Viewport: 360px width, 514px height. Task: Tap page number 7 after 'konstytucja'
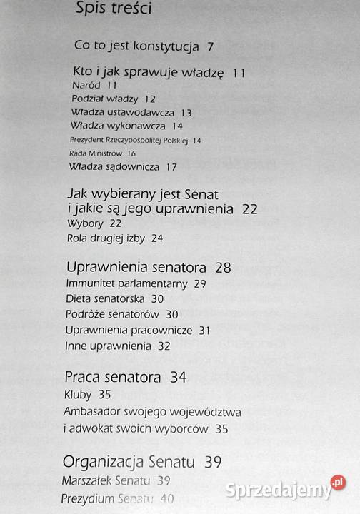(211, 47)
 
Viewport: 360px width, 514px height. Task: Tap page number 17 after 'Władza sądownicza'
(171, 167)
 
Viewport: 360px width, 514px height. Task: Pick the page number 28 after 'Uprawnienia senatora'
(223, 268)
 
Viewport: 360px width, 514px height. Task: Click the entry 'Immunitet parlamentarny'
(126, 283)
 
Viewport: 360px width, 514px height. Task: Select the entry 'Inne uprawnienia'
(108, 346)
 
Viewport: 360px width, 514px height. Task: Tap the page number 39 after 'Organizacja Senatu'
(213, 462)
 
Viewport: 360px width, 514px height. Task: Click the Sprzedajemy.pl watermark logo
(285, 488)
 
